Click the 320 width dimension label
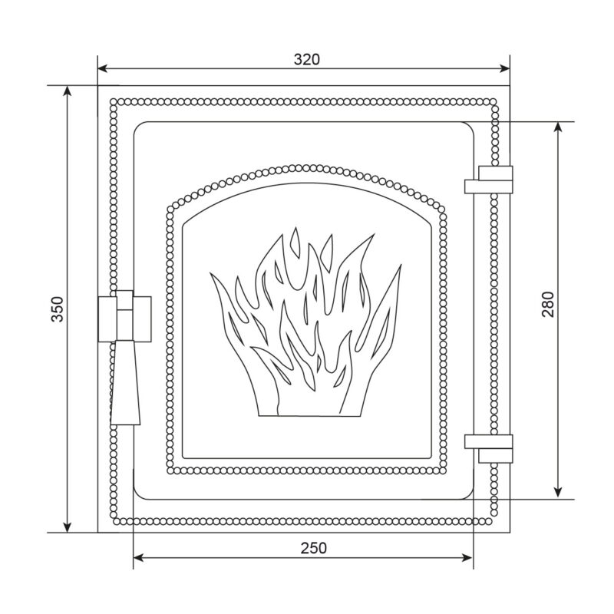(306, 59)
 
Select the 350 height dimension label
(58, 309)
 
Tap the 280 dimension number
(548, 304)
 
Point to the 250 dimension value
(314, 548)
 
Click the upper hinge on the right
(489, 180)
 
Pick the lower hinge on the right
(489, 448)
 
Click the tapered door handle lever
(125, 382)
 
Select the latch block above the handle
(124, 316)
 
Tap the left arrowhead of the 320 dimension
(103, 69)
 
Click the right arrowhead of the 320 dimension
(505, 69)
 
